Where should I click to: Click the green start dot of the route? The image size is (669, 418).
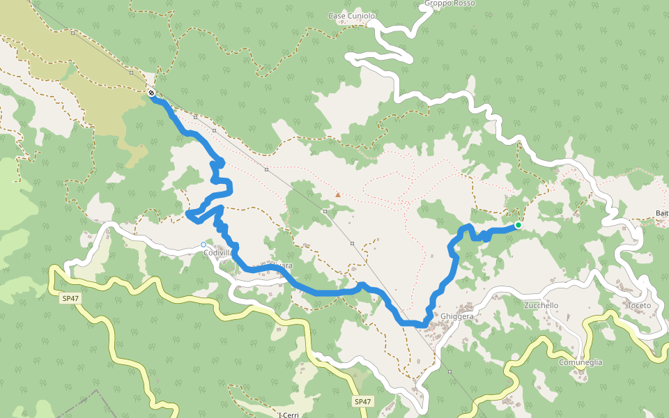[518, 225]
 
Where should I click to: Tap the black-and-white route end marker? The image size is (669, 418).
[151, 93]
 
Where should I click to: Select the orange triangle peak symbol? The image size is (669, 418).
[338, 195]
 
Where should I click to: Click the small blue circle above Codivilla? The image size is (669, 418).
[203, 245]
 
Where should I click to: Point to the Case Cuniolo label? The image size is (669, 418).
[351, 15]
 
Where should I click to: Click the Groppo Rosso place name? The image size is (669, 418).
[449, 3]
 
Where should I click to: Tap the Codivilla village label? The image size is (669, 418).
[217, 253]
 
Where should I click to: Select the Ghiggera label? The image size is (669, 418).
[457, 316]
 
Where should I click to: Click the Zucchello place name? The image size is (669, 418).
[541, 305]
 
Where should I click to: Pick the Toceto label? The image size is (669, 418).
[638, 305]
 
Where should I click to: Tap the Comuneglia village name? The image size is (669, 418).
[580, 362]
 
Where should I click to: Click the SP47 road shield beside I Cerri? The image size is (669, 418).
[362, 401]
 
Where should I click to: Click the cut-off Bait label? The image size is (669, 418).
[662, 213]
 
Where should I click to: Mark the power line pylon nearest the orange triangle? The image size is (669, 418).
[325, 211]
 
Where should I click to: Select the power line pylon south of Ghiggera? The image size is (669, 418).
[450, 371]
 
